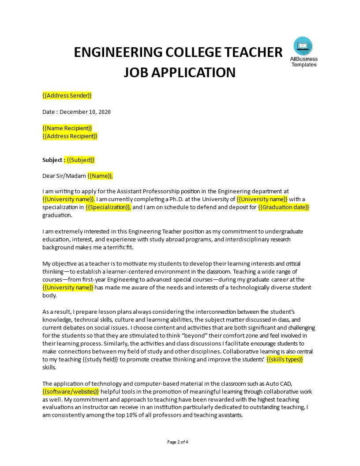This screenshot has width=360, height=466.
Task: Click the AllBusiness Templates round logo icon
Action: click(x=303, y=46)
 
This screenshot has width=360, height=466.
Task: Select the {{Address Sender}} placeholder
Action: click(x=67, y=95)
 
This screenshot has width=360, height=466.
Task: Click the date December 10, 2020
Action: click(x=85, y=112)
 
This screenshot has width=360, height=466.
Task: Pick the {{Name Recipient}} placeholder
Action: click(x=67, y=128)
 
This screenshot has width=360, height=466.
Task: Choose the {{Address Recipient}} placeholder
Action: click(x=70, y=136)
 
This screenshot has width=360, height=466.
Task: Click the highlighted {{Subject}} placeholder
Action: click(x=80, y=160)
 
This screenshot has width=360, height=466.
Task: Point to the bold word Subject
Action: click(x=52, y=160)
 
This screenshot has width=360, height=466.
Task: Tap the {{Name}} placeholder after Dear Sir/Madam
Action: click(x=100, y=176)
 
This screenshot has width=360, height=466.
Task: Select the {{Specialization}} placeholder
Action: click(x=108, y=207)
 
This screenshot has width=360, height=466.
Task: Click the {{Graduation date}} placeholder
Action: click(x=284, y=207)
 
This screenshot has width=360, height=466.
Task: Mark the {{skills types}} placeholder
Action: click(x=285, y=359)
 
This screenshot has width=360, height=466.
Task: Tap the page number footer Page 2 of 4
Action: click(x=180, y=442)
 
